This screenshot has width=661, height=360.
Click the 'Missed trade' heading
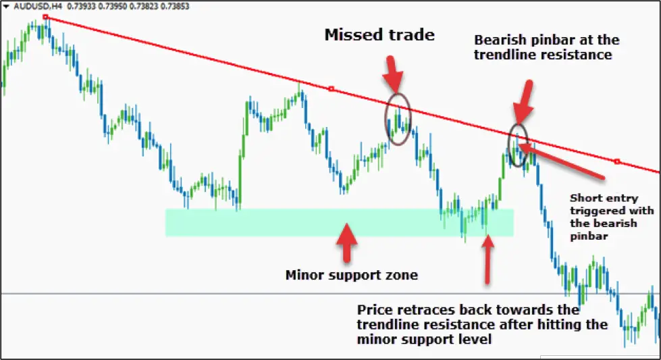coord(379,34)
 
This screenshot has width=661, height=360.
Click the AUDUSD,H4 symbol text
coord(38,6)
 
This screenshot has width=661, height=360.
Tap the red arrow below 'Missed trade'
coord(393,74)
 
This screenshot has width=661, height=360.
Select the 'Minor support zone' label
coord(352,275)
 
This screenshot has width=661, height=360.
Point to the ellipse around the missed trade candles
coord(385,120)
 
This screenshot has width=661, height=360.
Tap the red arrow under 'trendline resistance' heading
coord(523,103)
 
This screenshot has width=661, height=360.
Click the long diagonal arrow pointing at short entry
coord(562,161)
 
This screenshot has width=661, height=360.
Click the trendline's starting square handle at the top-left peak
coord(45,18)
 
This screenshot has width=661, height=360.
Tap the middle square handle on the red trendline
coord(332,89)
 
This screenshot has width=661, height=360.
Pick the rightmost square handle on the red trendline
coord(617,161)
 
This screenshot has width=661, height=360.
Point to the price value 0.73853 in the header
coord(175,6)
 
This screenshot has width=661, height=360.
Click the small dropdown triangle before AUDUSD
coord(6,6)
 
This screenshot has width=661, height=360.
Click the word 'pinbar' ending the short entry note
coord(589,236)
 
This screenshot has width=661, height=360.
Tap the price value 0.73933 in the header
coord(82,6)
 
